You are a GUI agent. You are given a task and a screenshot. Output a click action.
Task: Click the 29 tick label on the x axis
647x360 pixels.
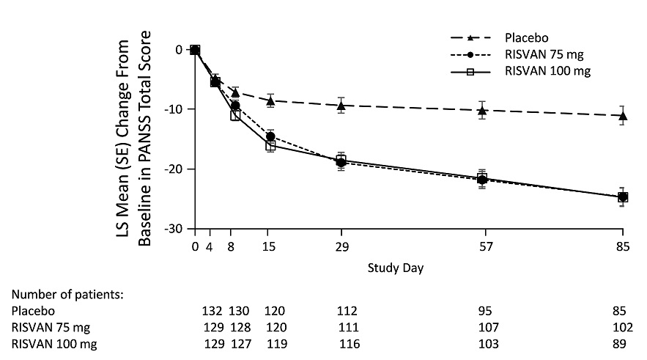coord(341,247)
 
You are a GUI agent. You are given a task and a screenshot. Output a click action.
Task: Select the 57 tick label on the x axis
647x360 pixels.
coord(482,247)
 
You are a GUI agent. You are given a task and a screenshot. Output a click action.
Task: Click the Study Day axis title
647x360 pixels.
coord(396,268)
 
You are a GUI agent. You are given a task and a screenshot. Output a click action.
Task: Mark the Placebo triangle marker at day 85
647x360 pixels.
coord(623,116)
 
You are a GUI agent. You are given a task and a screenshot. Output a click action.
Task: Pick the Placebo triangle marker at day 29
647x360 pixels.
coord(341,106)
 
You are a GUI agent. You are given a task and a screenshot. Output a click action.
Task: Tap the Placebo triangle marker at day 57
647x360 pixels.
coord(482,111)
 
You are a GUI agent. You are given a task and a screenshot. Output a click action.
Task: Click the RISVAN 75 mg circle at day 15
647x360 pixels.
coord(270,136)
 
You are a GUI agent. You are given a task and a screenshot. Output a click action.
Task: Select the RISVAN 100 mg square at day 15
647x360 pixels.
coord(270,146)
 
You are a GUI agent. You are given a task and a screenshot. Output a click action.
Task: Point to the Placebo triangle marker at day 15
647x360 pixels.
coord(270,101)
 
